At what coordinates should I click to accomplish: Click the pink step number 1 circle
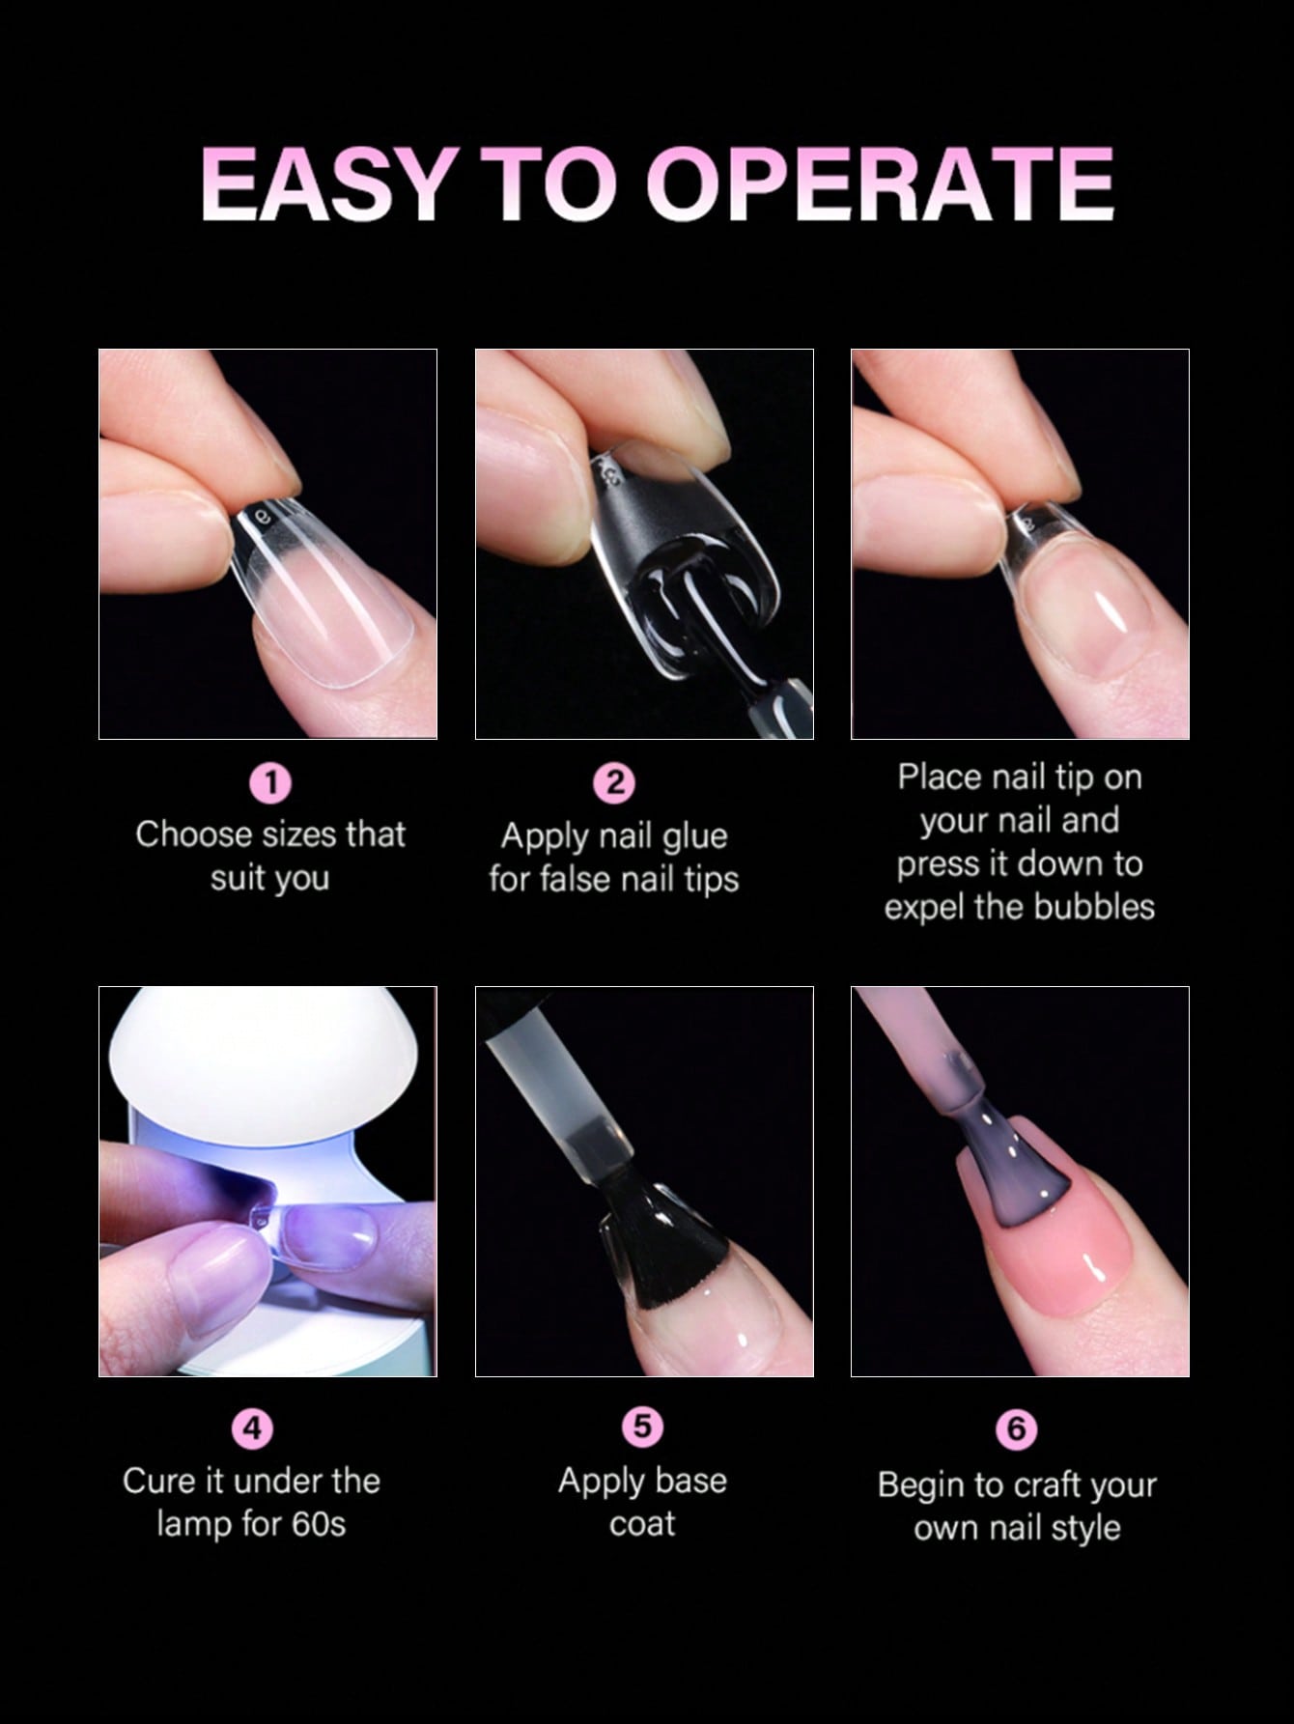click(x=271, y=782)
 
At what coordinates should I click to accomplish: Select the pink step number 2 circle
click(x=615, y=782)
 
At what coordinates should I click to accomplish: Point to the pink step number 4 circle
click(x=252, y=1427)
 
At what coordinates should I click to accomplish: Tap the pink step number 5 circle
click(x=643, y=1427)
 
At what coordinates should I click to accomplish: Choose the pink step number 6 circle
click(x=1017, y=1428)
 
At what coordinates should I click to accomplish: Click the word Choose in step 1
click(x=189, y=834)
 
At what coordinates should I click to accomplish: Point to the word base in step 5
click(x=689, y=1481)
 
